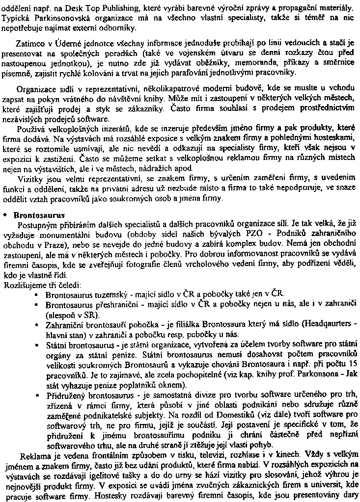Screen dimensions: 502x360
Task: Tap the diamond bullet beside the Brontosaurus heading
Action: pyautogui.click(x=5, y=215)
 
